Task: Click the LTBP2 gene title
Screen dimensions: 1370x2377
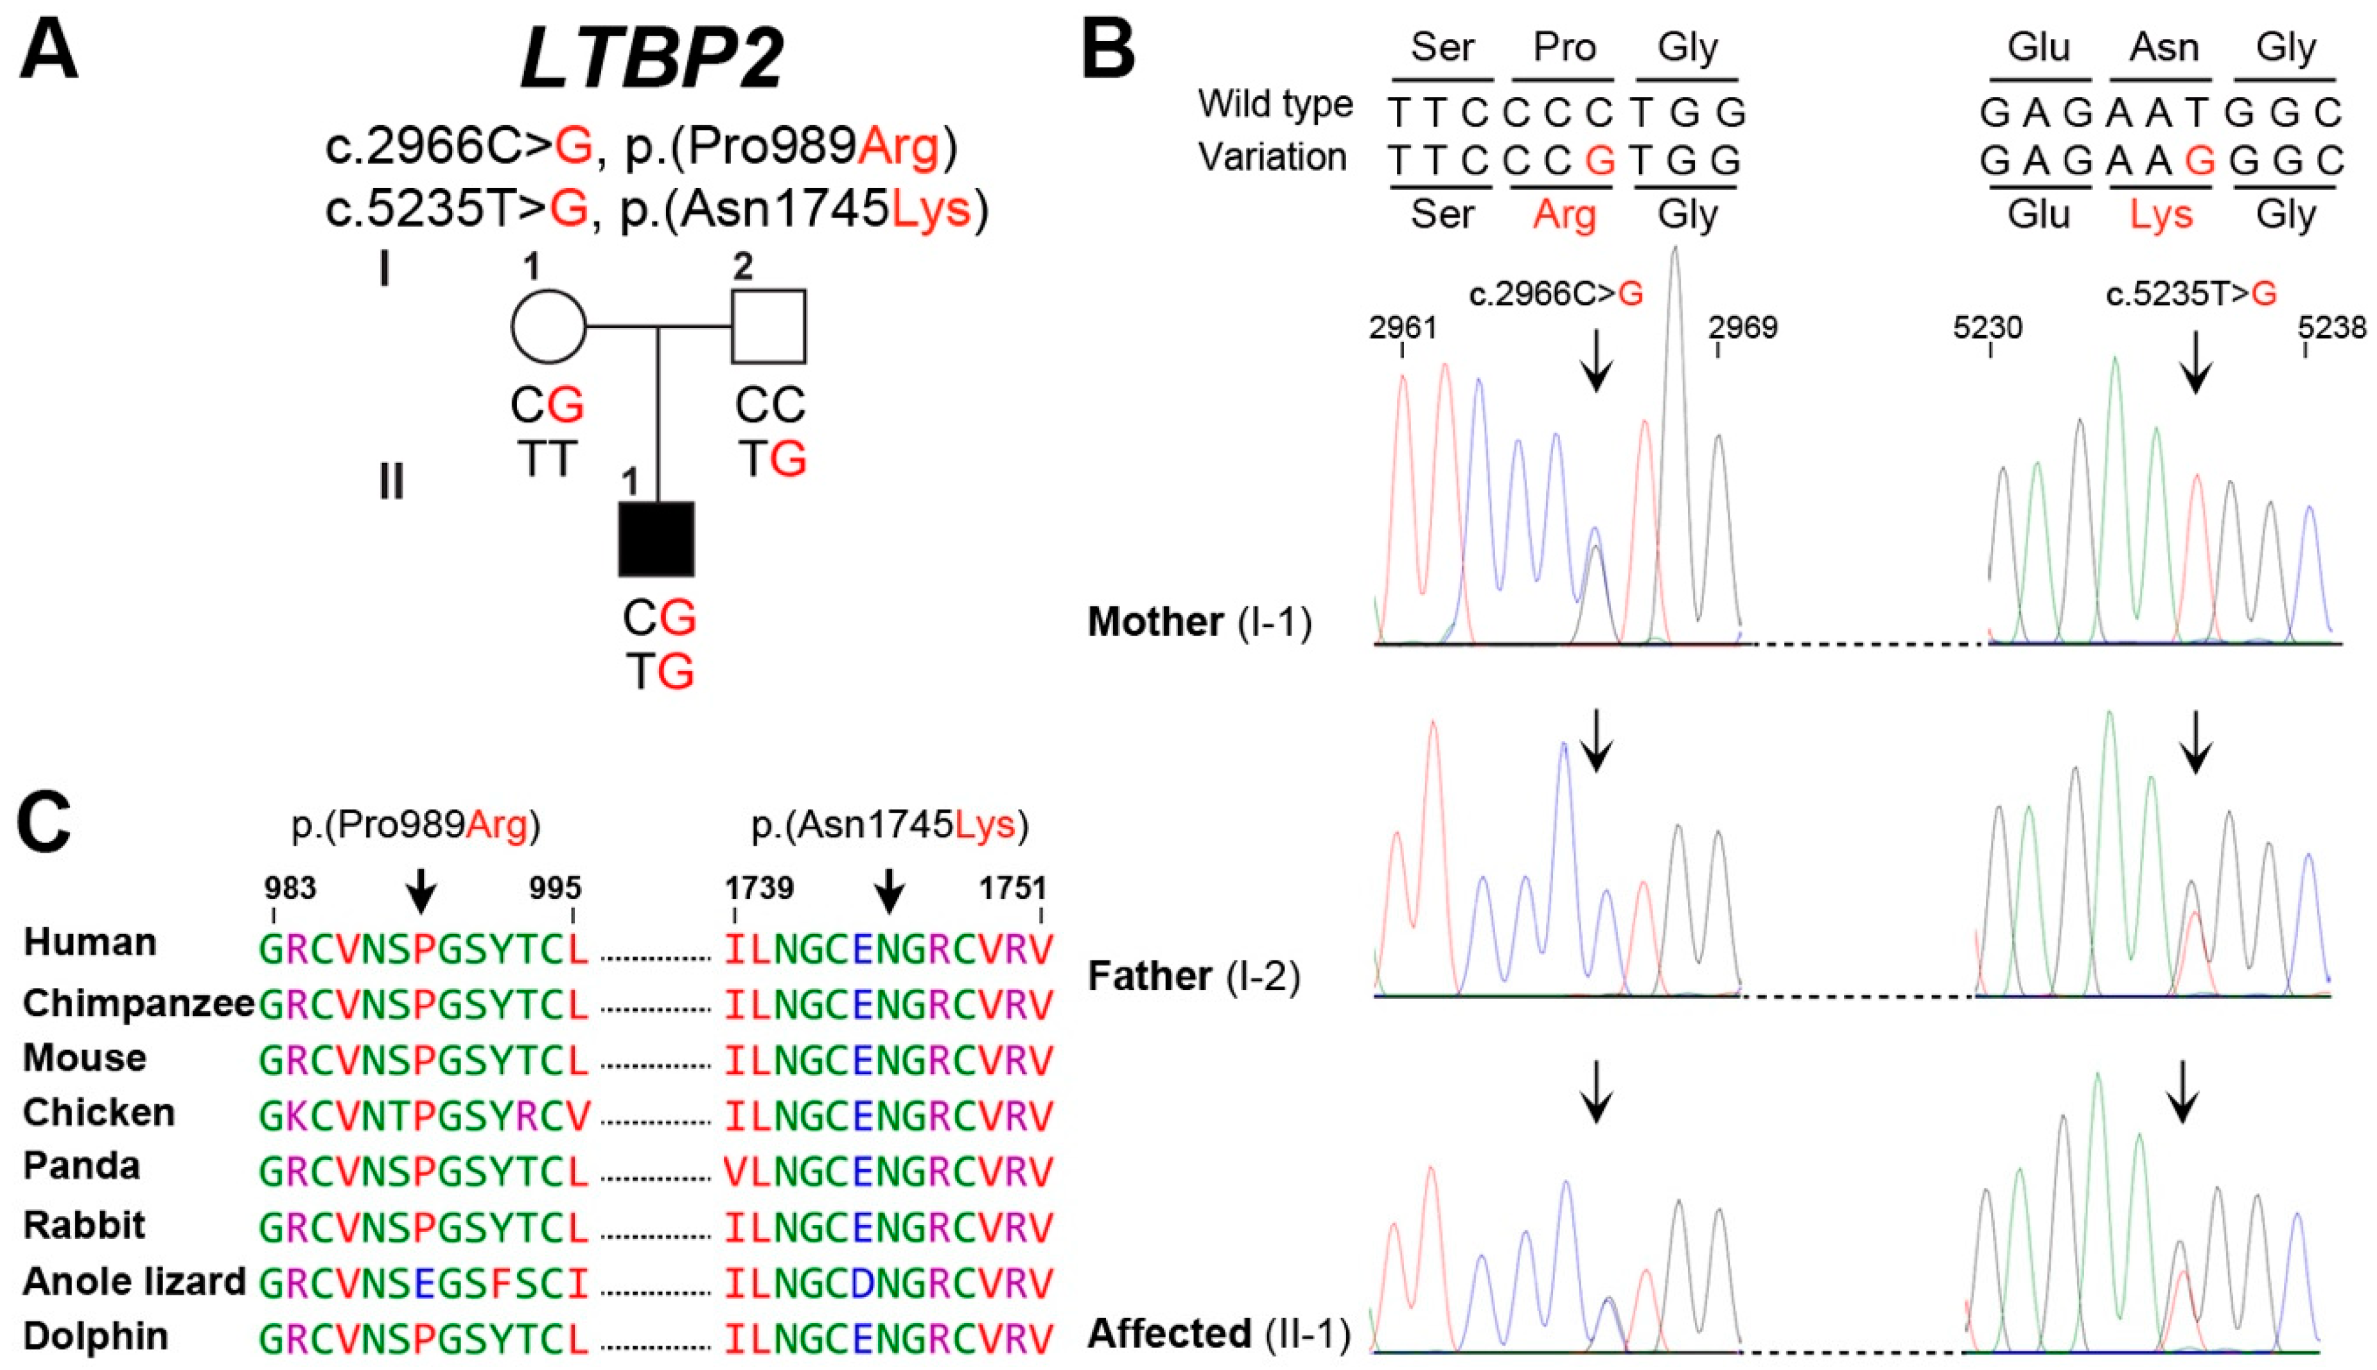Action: point(651,58)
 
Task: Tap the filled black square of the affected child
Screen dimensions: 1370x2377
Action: point(656,538)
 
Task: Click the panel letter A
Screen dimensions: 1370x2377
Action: point(49,52)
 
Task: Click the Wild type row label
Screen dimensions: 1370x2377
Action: point(1275,103)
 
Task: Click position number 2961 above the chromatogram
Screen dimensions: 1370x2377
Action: point(1402,327)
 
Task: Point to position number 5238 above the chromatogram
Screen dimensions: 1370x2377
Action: point(2331,327)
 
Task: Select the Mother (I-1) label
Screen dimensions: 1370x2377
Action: point(1199,622)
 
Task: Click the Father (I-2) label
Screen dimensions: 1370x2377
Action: point(1194,976)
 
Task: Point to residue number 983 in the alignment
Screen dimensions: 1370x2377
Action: point(290,887)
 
